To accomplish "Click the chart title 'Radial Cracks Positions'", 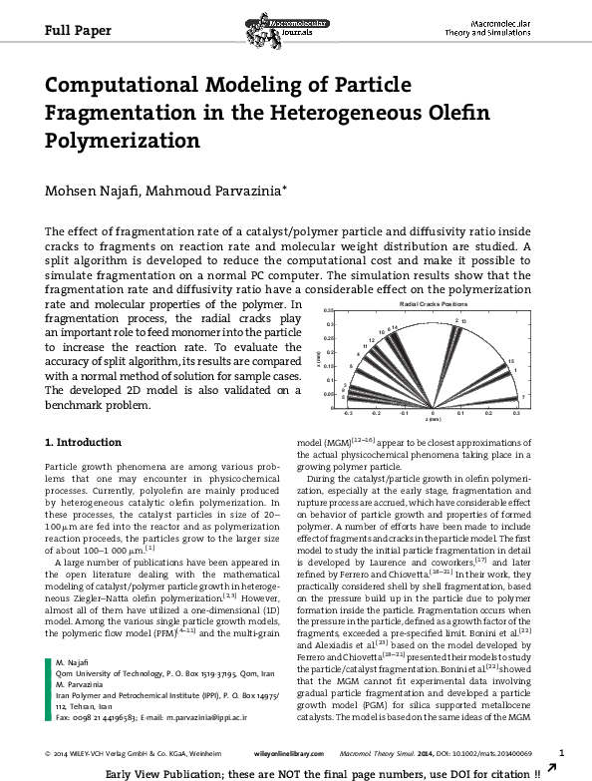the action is click(433, 302).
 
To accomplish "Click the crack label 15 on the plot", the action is click(510, 361).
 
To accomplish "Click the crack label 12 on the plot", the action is click(372, 341).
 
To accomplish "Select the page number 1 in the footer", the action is click(562, 751).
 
